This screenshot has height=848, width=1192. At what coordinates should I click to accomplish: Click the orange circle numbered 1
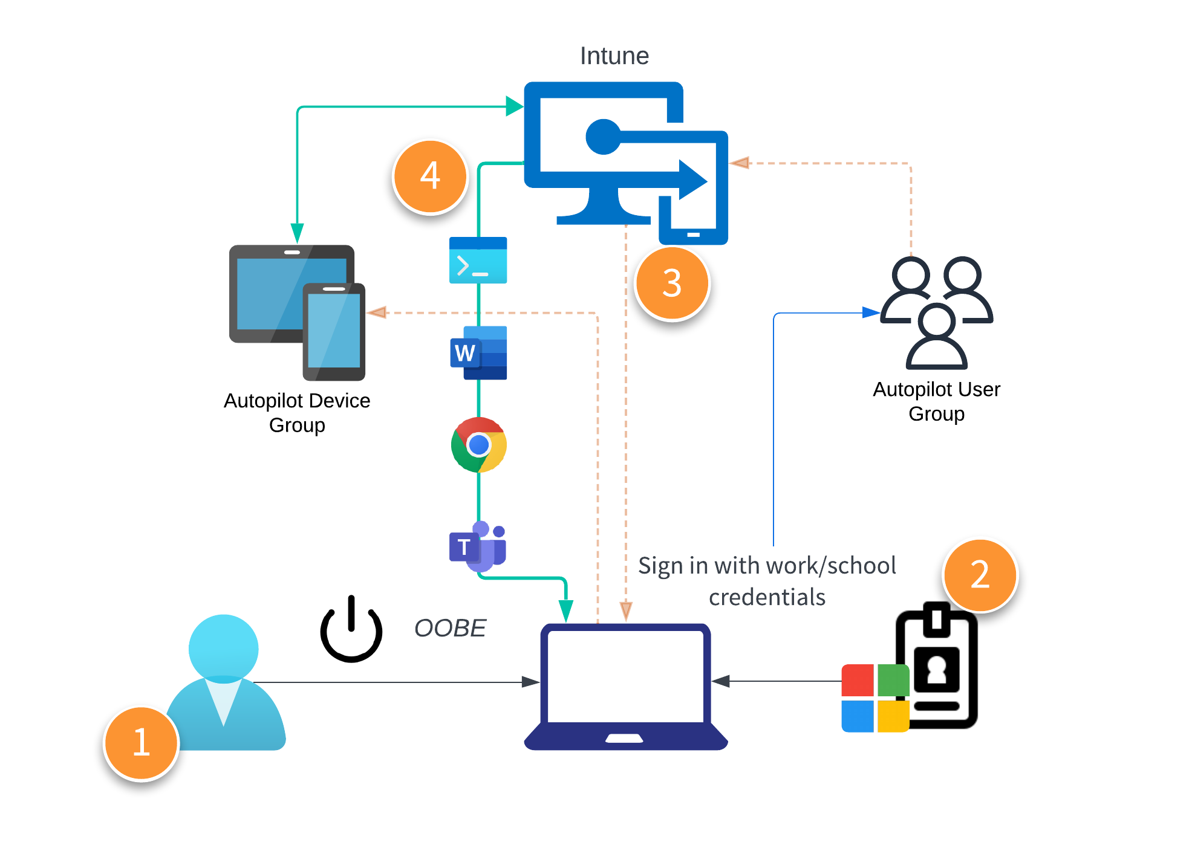[x=141, y=743]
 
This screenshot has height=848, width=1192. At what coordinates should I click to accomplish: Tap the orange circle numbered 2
[x=980, y=575]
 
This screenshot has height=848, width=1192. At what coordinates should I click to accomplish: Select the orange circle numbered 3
[x=672, y=283]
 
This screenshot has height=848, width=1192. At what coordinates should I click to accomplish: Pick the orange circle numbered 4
[x=430, y=176]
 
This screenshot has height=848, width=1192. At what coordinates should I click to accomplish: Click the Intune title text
[x=614, y=56]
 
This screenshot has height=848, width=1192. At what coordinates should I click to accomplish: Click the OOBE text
[x=450, y=629]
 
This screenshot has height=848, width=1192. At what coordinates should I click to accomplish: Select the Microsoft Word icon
[x=478, y=353]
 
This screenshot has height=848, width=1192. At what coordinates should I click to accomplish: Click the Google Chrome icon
[x=478, y=445]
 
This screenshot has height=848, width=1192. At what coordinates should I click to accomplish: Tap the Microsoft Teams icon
[x=478, y=546]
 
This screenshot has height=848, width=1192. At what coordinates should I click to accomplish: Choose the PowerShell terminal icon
[x=478, y=261]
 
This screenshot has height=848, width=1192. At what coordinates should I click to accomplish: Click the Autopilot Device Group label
[x=297, y=412]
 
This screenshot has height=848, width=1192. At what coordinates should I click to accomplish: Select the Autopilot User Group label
[x=936, y=401]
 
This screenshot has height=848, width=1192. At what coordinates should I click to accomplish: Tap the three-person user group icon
[x=936, y=311]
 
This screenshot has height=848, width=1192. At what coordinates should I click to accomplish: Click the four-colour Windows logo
[x=874, y=698]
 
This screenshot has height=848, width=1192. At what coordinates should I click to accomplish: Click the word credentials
[x=767, y=598]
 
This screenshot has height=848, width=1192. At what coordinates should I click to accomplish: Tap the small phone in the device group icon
[x=334, y=331]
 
